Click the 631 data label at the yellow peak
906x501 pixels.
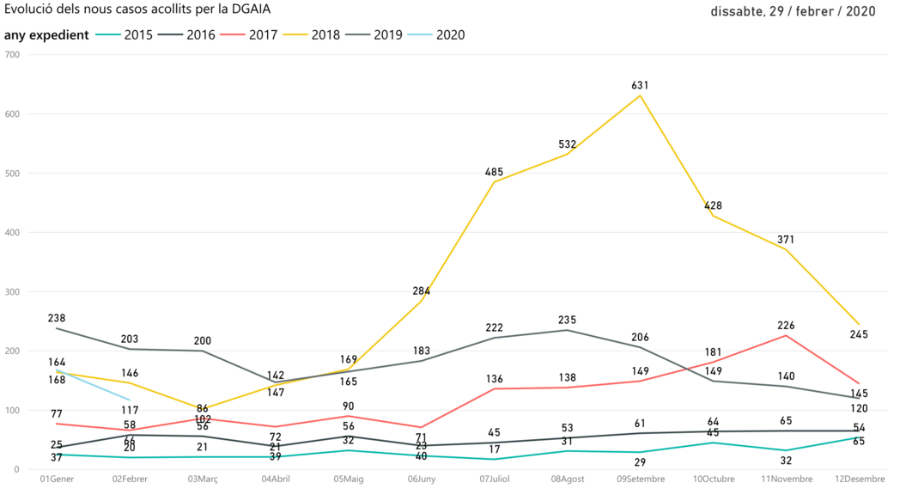(x=639, y=85)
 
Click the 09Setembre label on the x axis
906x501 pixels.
(x=639, y=479)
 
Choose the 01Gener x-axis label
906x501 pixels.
(x=57, y=479)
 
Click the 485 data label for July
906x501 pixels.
(x=494, y=172)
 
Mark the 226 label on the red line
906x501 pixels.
(x=786, y=326)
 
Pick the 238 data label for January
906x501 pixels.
(x=57, y=318)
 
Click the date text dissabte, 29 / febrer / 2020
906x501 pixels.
(x=793, y=12)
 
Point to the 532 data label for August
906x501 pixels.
(x=567, y=144)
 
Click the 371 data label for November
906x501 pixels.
(x=786, y=239)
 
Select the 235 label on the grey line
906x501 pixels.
(x=567, y=320)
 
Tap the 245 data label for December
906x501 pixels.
(x=858, y=334)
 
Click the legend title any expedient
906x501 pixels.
(x=46, y=35)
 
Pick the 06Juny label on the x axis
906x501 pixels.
(x=421, y=479)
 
